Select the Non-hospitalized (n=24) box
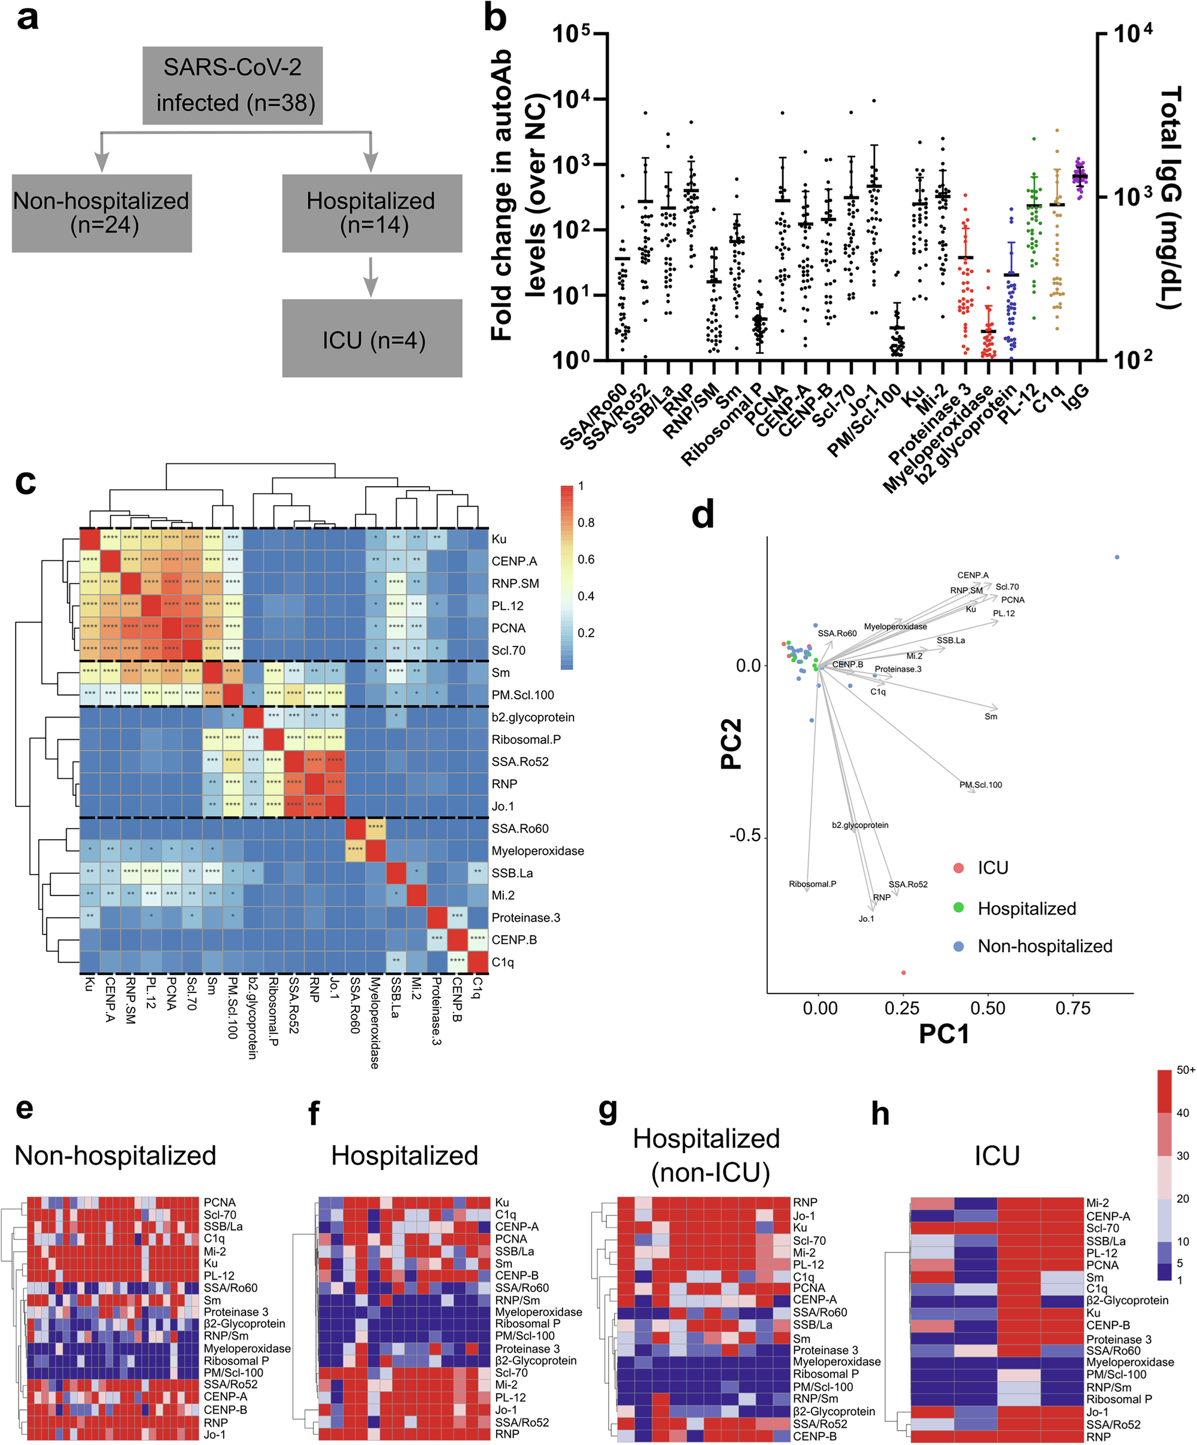[102, 212]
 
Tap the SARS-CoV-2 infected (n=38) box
[233, 86]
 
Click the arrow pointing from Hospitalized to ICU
[371, 276]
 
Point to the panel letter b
[496, 18]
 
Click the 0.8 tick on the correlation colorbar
[586, 523]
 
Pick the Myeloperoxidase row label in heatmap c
[537, 851]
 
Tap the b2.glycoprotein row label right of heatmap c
[533, 717]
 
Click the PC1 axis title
[944, 1034]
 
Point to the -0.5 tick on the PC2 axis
[746, 836]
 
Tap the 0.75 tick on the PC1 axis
[1073, 1009]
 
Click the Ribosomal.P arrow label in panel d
[812, 884]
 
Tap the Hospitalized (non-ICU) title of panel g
[706, 1155]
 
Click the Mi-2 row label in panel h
[1097, 1204]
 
